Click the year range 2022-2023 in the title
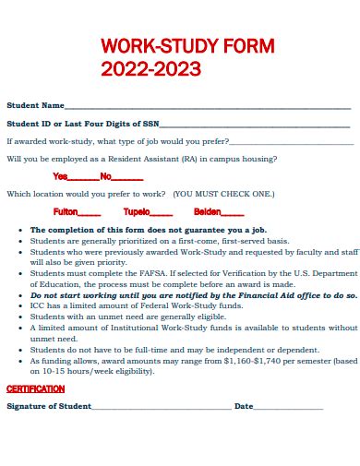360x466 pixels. [x=151, y=68]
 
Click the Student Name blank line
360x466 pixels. [x=208, y=107]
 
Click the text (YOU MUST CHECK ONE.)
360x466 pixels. [x=223, y=195]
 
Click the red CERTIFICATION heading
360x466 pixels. [x=35, y=389]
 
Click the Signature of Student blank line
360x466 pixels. [x=162, y=407]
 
